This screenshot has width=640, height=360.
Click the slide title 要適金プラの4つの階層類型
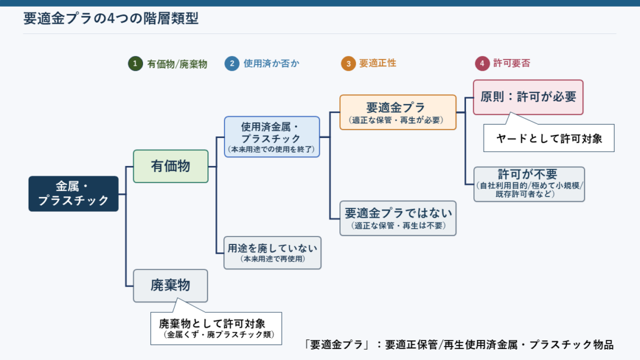(111, 18)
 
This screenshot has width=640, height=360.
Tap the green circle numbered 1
(135, 64)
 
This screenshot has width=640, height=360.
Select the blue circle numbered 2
(232, 64)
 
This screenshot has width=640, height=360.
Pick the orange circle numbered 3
(348, 64)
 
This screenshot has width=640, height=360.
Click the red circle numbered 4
(482, 63)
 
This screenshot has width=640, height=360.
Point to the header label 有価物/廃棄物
(177, 64)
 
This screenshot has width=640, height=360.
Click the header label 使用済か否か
(271, 64)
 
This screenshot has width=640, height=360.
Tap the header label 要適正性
(378, 63)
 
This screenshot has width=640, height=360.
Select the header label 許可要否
(512, 63)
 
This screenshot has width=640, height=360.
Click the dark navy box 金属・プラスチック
(74, 194)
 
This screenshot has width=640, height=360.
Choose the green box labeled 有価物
(170, 166)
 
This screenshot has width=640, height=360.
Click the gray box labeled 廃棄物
(170, 285)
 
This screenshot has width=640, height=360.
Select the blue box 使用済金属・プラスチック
(272, 137)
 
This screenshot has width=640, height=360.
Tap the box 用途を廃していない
(273, 252)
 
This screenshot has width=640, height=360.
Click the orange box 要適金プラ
(397, 112)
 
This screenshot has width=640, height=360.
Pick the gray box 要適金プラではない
(398, 218)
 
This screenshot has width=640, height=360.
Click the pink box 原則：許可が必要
(528, 97)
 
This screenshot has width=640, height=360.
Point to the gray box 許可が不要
(529, 184)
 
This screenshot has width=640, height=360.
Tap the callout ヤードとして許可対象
(549, 138)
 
